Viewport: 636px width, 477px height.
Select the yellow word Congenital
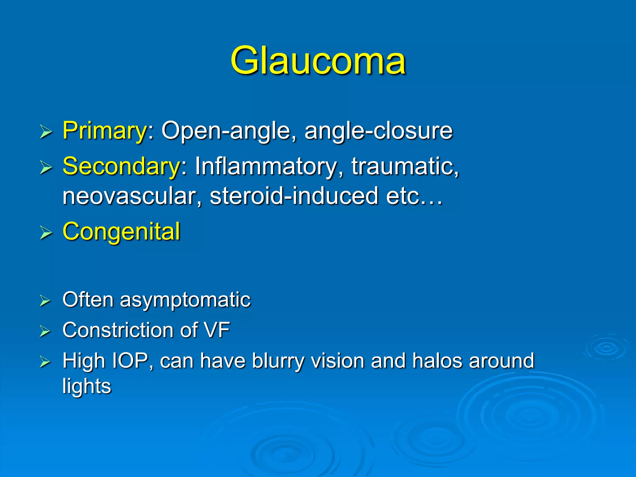[x=121, y=232]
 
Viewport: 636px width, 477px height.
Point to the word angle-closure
[x=378, y=131]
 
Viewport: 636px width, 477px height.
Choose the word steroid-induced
[x=294, y=196]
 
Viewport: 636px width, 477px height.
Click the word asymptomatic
[x=185, y=300]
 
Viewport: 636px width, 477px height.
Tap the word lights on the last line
[x=87, y=386]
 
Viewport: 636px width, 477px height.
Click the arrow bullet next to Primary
[x=46, y=132]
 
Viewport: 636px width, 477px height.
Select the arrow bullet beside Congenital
[x=46, y=233]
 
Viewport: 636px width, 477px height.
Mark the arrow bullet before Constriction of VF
[x=45, y=331]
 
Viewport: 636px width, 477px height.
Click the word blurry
[x=278, y=361]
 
